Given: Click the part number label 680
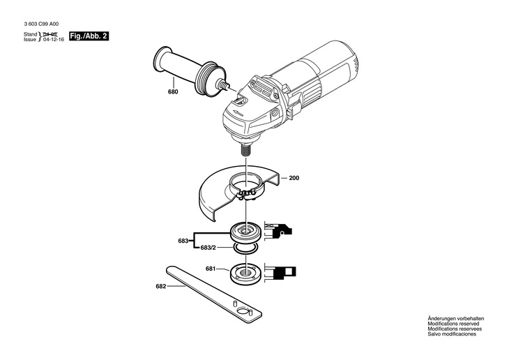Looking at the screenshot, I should coord(173,91).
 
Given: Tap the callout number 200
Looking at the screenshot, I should coord(294,179).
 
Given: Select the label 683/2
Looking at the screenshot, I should coord(208,248).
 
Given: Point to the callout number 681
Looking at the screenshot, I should coord(211,269).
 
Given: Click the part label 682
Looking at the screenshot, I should coord(161,286).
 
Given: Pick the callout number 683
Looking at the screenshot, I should coord(183,241).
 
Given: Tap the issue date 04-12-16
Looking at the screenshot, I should coord(53,40).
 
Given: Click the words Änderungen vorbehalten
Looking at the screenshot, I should coord(455,319).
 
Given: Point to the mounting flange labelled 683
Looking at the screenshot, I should coord(247,230).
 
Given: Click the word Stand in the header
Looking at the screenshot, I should coord(31,34).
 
